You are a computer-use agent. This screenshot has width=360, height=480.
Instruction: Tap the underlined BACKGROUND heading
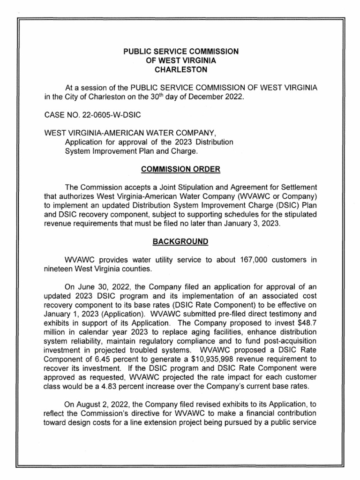click(180, 242)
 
